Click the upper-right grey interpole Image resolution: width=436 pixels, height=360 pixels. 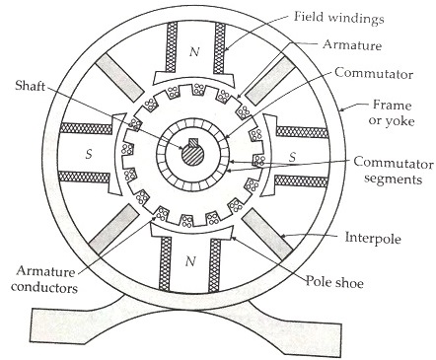(x=264, y=78)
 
